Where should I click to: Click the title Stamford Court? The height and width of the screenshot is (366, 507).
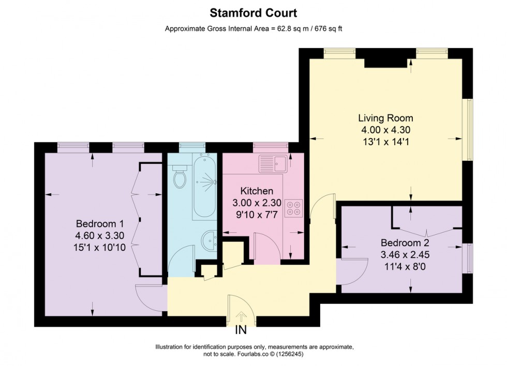click(x=253, y=12)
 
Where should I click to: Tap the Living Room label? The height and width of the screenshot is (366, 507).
click(x=386, y=118)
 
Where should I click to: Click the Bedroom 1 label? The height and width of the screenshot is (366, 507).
click(x=100, y=224)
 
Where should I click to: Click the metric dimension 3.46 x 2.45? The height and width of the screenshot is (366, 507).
click(x=405, y=254)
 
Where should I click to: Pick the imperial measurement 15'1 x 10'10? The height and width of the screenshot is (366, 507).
click(x=100, y=247)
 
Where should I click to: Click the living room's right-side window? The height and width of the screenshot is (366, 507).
click(x=470, y=129)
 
